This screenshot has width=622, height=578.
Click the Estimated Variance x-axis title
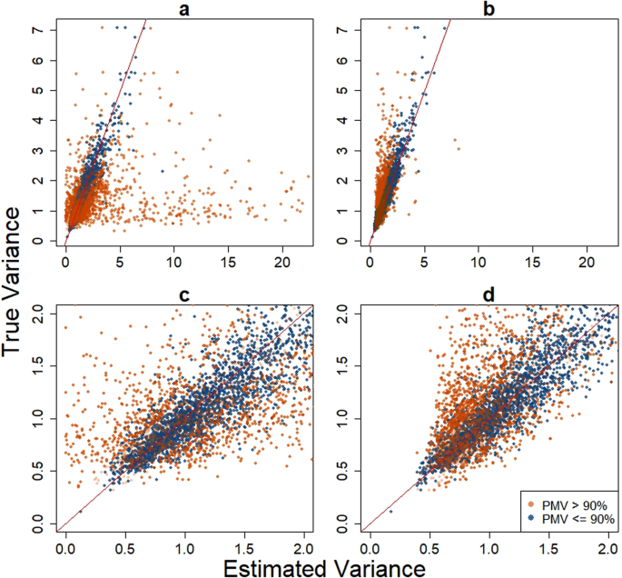click(x=311, y=567)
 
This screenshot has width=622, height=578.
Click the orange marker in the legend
click(x=531, y=502)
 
